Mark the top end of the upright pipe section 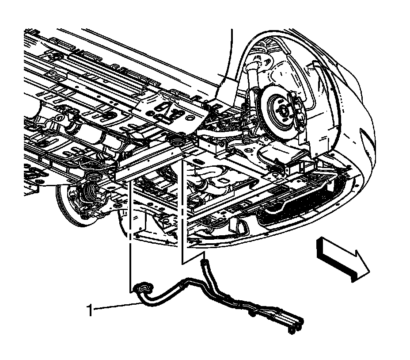tap(205, 263)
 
